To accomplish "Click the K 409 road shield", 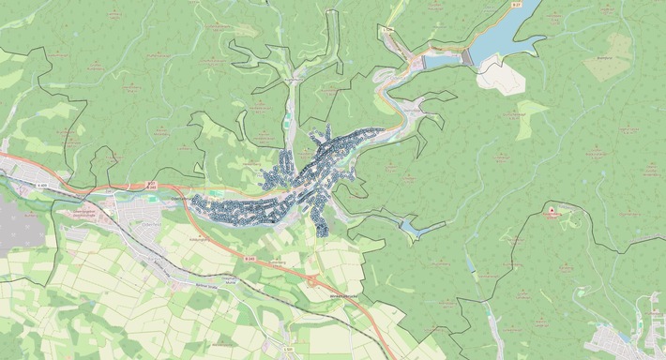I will tap(43, 186).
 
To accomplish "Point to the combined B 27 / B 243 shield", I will tap(152, 186).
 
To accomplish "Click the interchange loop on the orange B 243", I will tap(312, 278).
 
